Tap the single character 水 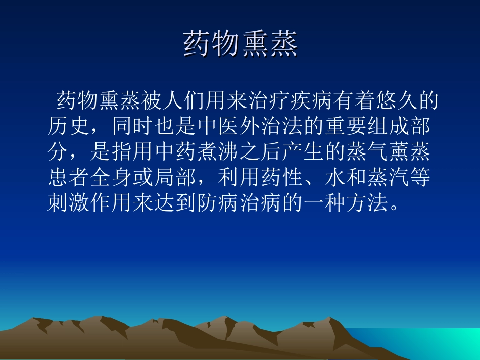(x=324, y=178)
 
